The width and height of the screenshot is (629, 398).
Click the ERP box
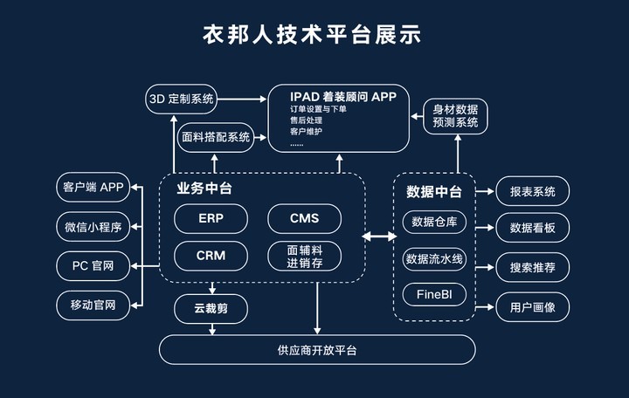pos(211,217)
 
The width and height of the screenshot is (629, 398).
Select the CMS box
pos(304,217)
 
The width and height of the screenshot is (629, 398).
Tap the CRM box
pos(211,256)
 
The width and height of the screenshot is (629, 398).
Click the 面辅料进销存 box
pos(304,256)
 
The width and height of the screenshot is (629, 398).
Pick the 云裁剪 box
pos(211,308)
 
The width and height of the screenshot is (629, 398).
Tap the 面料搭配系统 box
pos(214,137)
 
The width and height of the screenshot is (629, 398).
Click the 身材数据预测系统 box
pos(454,116)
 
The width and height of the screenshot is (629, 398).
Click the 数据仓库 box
pos(434,222)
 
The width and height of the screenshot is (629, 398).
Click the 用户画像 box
pos(532,306)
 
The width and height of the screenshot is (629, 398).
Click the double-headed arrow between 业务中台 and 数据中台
pos(379,236)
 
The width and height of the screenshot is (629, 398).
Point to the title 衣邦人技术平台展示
pos(314,34)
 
